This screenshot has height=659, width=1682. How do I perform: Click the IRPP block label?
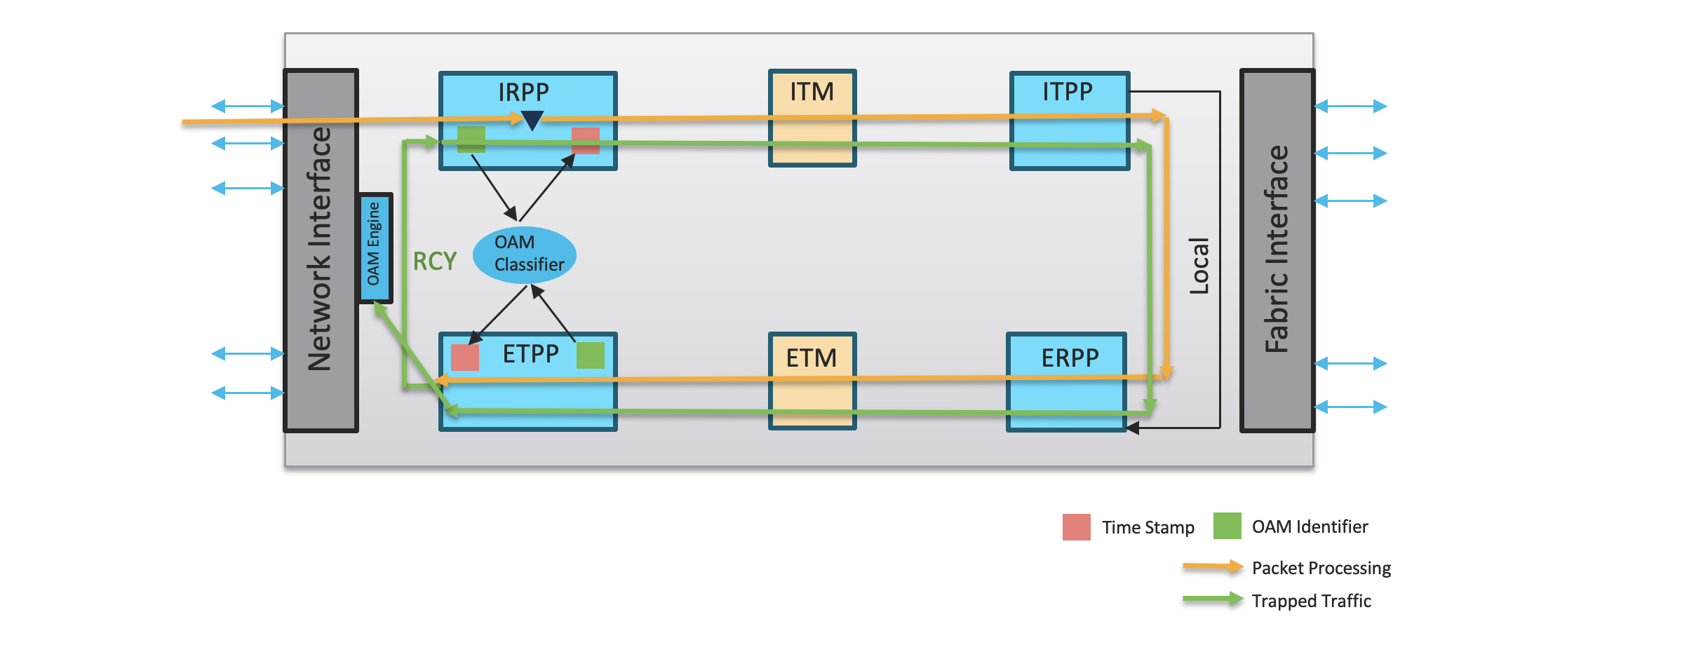523,92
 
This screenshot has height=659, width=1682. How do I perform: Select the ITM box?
812,118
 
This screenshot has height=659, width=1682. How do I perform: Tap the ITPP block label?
1067,91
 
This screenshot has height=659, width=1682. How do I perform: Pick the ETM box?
812,381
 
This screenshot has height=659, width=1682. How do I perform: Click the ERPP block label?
1070,358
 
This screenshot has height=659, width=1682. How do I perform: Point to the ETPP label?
530,354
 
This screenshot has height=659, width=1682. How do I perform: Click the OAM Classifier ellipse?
525,254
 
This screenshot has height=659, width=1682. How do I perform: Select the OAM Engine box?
375,247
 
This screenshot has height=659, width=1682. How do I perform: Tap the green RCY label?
434,261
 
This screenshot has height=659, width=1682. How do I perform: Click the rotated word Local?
1199,266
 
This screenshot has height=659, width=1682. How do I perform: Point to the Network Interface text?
320,250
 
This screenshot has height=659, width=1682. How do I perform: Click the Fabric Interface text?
1277,250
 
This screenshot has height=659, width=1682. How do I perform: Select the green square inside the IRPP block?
471,139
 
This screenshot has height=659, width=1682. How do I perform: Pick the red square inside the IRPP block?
586,140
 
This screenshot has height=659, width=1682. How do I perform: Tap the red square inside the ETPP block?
465,358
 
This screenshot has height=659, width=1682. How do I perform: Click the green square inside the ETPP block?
591,355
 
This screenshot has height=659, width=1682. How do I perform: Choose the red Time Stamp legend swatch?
1077,527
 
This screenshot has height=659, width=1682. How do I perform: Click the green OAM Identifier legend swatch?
1227,526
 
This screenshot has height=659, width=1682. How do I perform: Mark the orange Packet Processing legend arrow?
1212,566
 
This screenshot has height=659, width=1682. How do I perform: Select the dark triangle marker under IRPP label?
532,121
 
